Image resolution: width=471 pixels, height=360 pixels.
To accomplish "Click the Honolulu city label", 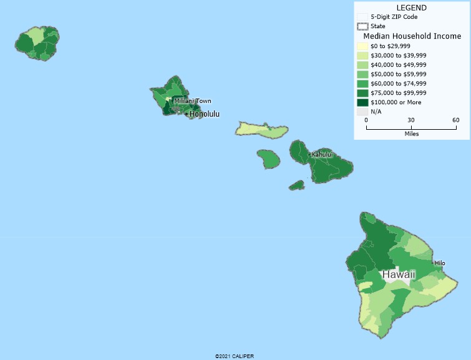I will click(205, 114).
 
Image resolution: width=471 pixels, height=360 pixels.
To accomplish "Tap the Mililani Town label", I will click(193, 101).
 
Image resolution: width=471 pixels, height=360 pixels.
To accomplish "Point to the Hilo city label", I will click(440, 263).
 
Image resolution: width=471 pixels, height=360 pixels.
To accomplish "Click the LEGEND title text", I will click(412, 7).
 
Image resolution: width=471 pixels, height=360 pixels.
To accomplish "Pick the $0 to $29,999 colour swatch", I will click(362, 46).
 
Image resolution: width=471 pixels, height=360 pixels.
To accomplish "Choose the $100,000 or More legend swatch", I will click(362, 102).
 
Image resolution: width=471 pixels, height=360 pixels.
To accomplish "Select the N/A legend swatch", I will click(362, 112).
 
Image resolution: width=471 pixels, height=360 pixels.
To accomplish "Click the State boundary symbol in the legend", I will click(362, 26).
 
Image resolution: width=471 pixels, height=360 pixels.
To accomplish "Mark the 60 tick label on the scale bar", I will click(455, 120).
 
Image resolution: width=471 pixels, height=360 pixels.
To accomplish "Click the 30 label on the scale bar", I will click(411, 120).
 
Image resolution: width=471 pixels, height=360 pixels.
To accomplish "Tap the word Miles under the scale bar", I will click(411, 134).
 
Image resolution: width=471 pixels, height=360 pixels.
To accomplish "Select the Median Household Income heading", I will click(412, 36).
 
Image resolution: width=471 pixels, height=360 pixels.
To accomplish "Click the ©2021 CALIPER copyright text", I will click(235, 356).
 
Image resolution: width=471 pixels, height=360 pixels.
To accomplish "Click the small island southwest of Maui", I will click(296, 185).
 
